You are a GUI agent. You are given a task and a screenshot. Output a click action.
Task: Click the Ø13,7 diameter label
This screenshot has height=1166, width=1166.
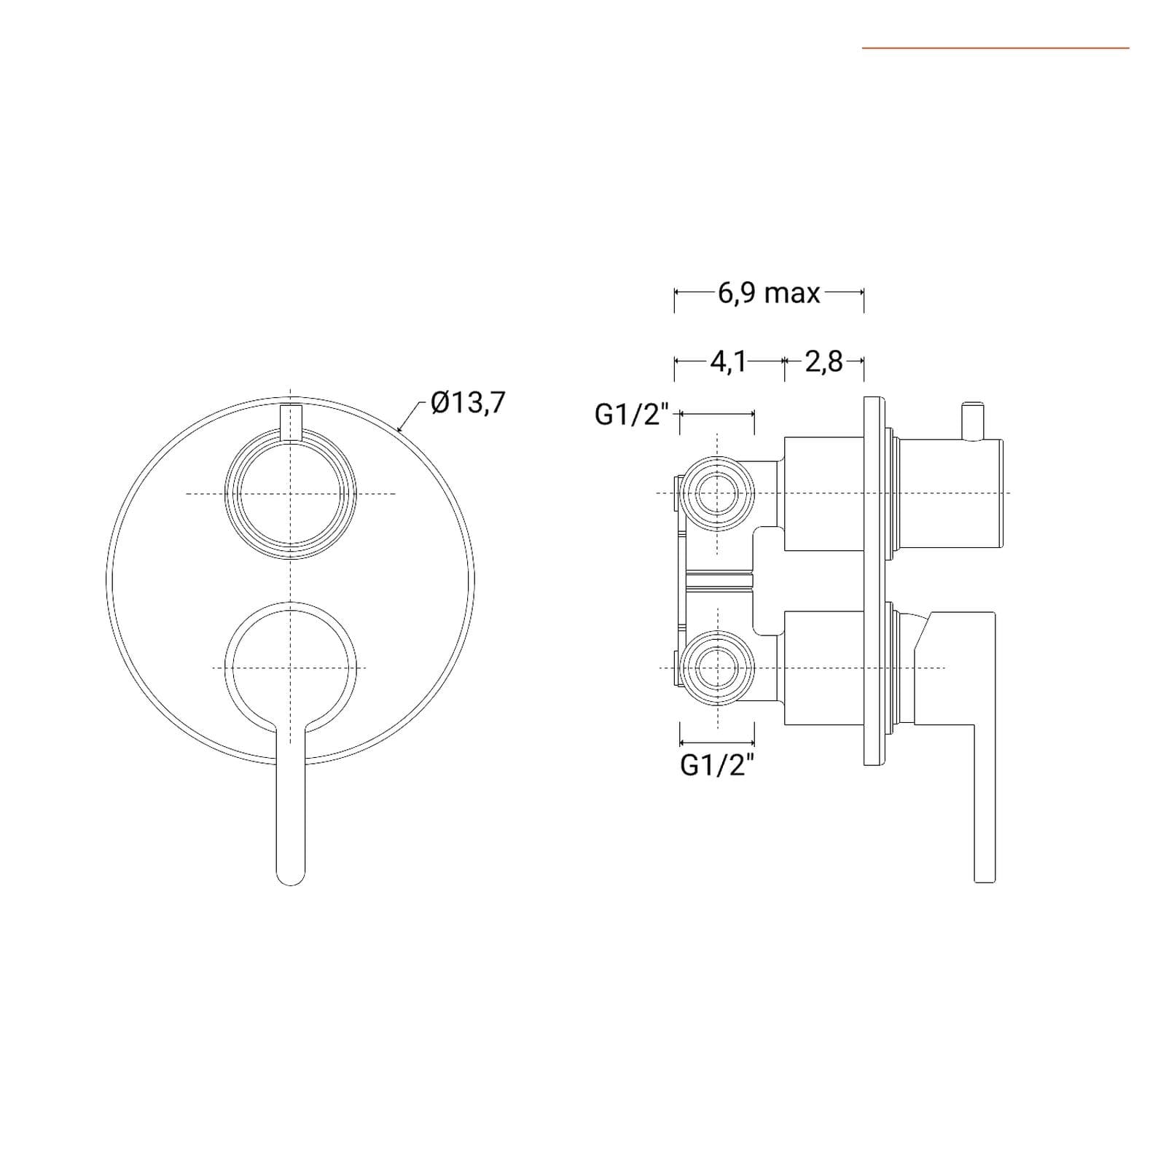point(468,402)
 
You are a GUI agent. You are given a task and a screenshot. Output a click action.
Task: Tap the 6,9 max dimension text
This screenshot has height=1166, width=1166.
point(769,293)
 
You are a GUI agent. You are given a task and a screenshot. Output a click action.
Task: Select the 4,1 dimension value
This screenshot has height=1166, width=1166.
point(729,361)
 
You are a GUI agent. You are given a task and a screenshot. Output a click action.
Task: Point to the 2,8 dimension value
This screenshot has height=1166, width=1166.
point(823,361)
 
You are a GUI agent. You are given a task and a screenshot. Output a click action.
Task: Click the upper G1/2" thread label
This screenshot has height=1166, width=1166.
point(632,414)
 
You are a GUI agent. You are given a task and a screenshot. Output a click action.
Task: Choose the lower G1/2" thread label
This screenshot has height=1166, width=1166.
point(717,765)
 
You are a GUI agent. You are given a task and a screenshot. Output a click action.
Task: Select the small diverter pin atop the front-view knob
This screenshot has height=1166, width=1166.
point(291,421)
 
